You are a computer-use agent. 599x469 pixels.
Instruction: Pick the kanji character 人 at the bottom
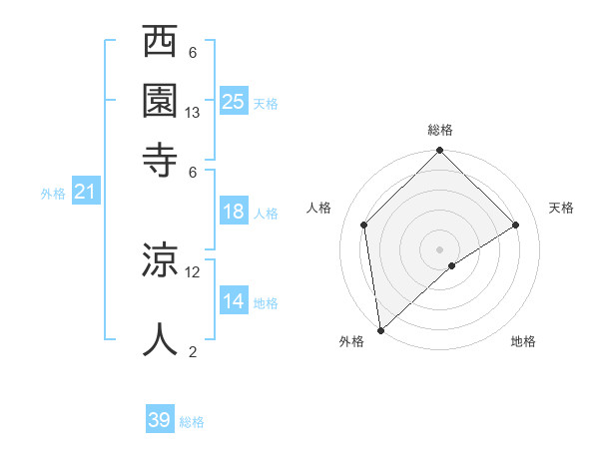click(160, 338)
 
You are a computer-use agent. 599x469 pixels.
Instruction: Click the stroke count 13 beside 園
click(193, 113)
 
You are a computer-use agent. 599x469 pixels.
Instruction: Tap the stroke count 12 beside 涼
click(193, 271)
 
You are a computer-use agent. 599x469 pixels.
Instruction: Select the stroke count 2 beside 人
click(193, 351)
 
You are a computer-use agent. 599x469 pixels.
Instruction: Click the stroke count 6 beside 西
click(193, 52)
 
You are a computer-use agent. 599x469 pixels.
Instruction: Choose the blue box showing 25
click(234, 101)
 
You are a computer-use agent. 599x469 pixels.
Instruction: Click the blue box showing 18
click(234, 212)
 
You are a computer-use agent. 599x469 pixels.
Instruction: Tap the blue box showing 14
click(234, 301)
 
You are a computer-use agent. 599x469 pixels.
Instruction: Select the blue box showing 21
click(85, 192)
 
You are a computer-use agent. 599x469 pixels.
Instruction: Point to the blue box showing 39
click(160, 420)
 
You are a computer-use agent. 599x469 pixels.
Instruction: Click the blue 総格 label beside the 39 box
click(192, 422)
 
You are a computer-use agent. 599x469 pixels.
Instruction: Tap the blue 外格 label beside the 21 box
click(53, 194)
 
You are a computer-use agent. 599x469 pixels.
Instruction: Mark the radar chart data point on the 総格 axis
click(440, 152)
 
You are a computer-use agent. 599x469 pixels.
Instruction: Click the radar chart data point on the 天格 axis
click(516, 225)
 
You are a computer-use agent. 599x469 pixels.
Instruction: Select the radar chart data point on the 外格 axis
click(380, 330)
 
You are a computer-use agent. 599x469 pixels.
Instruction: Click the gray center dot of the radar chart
click(440, 248)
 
